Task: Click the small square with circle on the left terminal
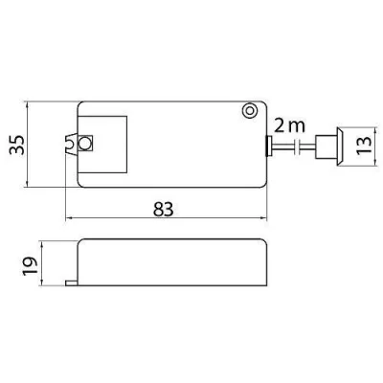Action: click(84, 144)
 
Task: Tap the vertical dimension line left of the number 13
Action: click(355, 146)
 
